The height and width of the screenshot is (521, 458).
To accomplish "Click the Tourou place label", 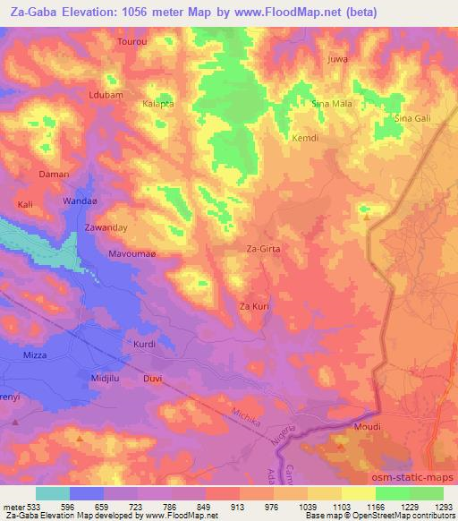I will tap(131, 42).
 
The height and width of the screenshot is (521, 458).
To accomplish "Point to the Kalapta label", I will tap(158, 104).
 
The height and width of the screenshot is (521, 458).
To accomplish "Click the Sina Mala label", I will tap(331, 104).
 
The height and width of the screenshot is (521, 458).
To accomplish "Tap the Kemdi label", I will tap(306, 139).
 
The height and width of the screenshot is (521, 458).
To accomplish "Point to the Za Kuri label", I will tap(254, 307).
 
